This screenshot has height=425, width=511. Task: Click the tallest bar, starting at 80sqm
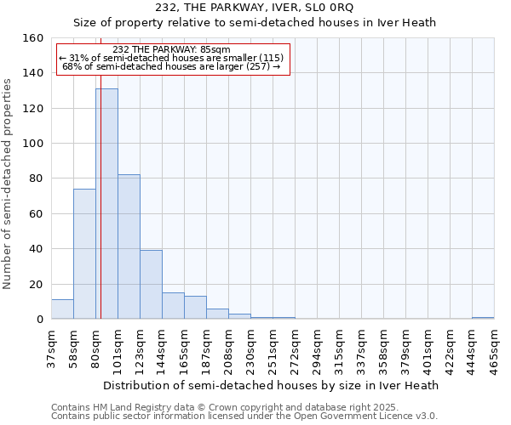coord(106,204)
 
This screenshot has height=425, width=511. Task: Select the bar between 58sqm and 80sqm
coord(84,254)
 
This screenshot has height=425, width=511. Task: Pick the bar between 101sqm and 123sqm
coord(129,246)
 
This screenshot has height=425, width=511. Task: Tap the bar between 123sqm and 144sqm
coord(151,285)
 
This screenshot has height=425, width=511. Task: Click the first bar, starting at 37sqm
coord(62,309)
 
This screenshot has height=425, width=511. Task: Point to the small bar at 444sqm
coord(483,318)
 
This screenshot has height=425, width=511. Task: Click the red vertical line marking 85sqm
coord(100,212)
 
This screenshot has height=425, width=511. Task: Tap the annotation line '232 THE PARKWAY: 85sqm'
coord(171,49)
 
